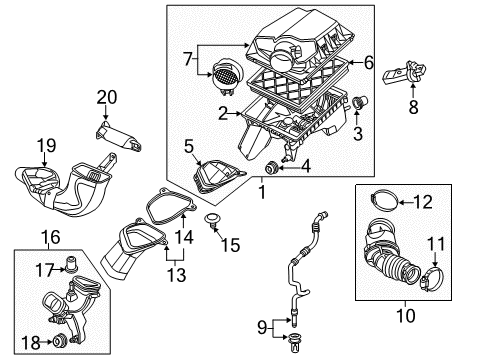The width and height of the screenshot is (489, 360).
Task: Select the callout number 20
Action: point(106,96)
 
